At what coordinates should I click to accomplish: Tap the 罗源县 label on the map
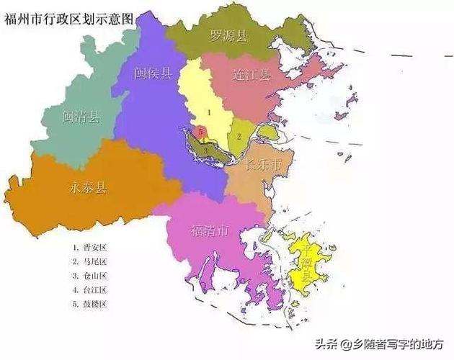pyautogui.click(x=229, y=35)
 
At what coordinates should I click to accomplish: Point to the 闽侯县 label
pyautogui.click(x=153, y=73)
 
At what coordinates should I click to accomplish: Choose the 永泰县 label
pyautogui.click(x=87, y=188)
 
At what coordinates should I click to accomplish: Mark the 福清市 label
pyautogui.click(x=210, y=231)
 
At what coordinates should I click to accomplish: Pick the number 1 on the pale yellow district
pyautogui.click(x=208, y=112)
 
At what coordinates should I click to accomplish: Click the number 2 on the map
pyautogui.click(x=238, y=135)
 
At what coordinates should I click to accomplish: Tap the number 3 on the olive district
pyautogui.click(x=206, y=150)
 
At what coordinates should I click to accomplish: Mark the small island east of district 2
pyautogui.click(x=267, y=132)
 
